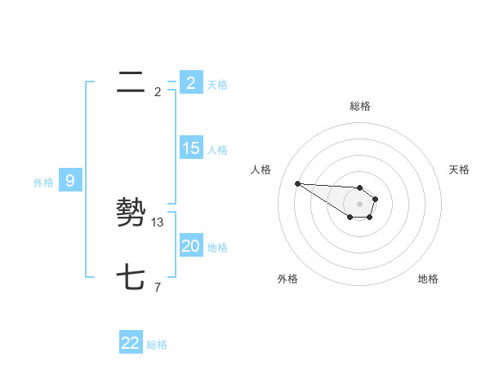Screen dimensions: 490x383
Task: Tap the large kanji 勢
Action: pos(131,213)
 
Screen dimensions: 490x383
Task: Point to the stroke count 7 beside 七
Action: pos(158,287)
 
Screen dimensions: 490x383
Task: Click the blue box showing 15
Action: pos(191,148)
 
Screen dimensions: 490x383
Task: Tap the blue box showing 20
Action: pos(191,246)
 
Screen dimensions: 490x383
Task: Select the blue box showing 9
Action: pos(70,181)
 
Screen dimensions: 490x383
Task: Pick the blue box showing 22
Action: pos(131,343)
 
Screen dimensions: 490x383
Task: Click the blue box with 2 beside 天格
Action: pos(191,83)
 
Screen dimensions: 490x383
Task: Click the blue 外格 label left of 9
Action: pos(43,183)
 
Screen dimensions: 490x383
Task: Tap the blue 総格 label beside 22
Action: pos(157,345)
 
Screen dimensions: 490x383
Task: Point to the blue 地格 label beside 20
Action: pos(217,248)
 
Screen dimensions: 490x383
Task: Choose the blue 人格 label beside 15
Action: pos(217,150)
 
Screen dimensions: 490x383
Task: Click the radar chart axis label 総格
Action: pos(359,106)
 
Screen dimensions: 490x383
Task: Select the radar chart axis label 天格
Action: pos(459,169)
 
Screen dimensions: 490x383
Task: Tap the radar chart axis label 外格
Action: pos(287,279)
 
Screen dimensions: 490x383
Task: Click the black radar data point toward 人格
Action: pos(297,183)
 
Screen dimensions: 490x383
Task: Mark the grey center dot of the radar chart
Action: pos(359,204)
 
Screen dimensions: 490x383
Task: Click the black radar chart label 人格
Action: pos(261,169)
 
